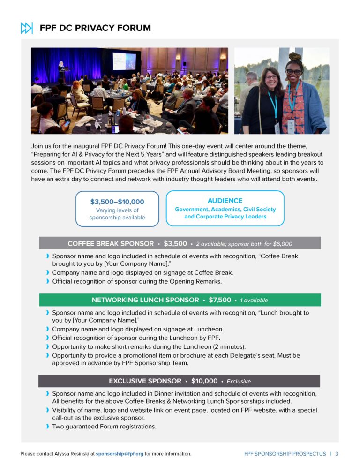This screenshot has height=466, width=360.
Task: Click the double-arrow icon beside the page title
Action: click(x=27, y=28)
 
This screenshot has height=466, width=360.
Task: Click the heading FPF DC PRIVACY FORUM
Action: click(x=95, y=28)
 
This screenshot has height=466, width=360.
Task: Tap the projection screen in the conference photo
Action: click(x=124, y=61)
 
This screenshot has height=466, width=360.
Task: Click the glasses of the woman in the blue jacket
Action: click(x=294, y=72)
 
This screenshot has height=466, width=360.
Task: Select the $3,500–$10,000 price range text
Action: click(x=117, y=202)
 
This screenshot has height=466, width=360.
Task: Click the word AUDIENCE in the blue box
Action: click(x=225, y=200)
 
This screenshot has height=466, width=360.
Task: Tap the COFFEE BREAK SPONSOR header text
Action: click(x=111, y=243)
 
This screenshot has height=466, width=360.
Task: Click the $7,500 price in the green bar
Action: click(x=220, y=300)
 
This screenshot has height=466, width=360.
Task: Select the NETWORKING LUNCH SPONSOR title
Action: click(x=145, y=300)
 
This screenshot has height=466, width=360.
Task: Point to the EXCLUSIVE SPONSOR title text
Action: click(x=145, y=381)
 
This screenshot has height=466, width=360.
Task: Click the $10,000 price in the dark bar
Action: click(x=204, y=381)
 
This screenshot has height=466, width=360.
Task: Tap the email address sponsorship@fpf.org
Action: click(x=120, y=454)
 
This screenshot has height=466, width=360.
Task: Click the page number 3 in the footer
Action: click(x=337, y=454)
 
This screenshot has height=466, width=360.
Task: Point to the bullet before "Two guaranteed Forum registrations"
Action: click(x=47, y=427)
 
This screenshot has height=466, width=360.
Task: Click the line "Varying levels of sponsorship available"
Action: click(x=117, y=214)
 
